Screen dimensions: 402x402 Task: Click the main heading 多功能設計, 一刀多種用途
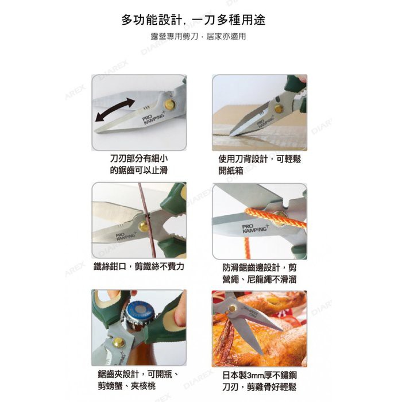194,20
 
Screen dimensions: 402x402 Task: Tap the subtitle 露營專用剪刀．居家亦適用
198,36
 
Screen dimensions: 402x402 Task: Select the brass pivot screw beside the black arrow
169,104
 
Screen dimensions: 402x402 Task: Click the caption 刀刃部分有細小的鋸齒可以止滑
139,164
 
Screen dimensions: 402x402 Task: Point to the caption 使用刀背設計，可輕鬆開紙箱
260,165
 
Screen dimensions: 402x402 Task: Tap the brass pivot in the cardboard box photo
279,109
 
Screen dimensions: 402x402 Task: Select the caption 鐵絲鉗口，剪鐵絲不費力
139,266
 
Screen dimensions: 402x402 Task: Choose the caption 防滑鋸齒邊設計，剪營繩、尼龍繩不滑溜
259,273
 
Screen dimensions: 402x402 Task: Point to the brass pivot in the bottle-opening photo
118,342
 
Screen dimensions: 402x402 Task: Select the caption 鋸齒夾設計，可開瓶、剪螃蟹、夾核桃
138,380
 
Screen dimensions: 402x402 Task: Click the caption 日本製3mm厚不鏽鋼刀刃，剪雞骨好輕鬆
259,381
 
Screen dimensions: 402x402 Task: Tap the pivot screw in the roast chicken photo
233,308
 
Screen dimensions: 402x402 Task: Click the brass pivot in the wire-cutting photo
143,226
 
